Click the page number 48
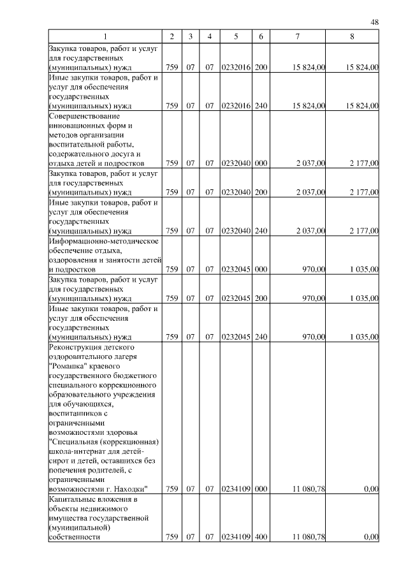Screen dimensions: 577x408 coord(375,22)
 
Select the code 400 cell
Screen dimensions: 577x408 coord(260,537)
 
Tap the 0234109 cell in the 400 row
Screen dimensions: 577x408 coord(236,537)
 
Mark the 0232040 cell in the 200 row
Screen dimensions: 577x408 coord(236,191)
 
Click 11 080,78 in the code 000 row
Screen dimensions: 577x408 coord(309,489)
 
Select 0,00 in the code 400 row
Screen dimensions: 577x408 coord(370,537)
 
